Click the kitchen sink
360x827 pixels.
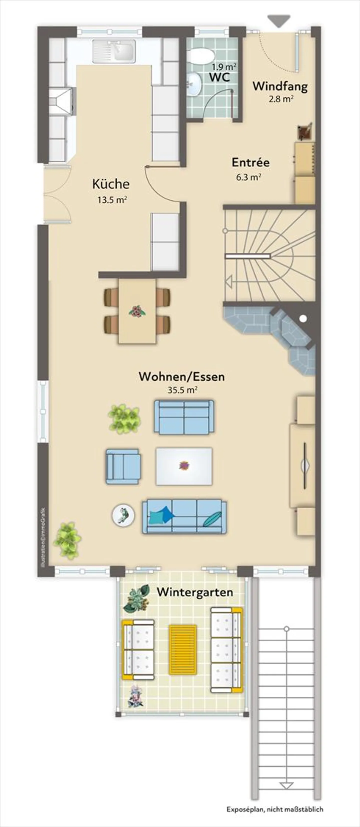point(114,51)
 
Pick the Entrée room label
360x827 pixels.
point(250,162)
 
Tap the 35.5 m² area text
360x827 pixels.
point(182,390)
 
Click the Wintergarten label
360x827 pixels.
point(195,592)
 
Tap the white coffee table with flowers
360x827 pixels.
point(183,466)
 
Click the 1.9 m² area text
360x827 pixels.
point(224,67)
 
